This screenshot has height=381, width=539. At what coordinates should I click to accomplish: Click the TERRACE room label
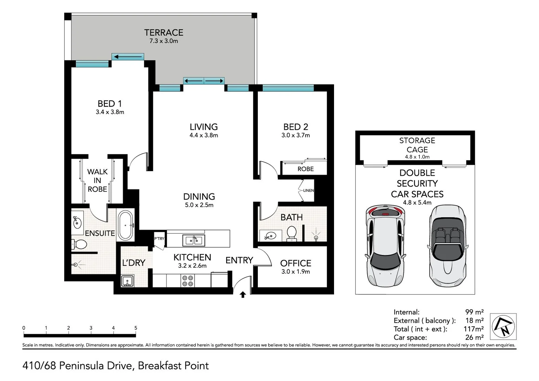click(164, 32)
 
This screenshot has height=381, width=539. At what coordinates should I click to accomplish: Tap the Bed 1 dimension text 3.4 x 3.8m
click(110, 112)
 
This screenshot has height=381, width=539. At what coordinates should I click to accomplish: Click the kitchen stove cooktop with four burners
click(188, 281)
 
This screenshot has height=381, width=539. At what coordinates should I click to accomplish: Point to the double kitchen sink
click(194, 241)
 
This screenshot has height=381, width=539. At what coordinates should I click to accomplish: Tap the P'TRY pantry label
click(159, 238)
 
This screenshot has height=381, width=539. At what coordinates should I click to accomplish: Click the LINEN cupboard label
click(309, 190)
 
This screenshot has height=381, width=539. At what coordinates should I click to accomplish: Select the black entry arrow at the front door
click(243, 295)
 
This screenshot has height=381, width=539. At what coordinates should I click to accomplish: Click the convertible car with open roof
click(448, 246)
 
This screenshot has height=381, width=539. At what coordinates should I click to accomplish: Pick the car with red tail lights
click(386, 246)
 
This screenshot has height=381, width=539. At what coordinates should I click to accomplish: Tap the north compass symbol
click(503, 326)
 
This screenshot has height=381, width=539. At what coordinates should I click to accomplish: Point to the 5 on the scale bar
click(136, 328)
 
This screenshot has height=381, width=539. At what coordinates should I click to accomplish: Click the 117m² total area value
click(473, 329)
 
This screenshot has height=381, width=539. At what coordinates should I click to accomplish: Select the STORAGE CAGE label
click(417, 145)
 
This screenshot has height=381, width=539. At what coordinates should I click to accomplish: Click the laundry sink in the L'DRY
click(127, 281)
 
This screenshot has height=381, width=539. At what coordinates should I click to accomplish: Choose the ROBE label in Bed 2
click(305, 169)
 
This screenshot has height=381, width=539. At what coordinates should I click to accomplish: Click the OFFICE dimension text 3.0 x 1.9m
click(296, 272)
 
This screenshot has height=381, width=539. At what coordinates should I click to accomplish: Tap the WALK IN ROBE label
click(97, 180)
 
